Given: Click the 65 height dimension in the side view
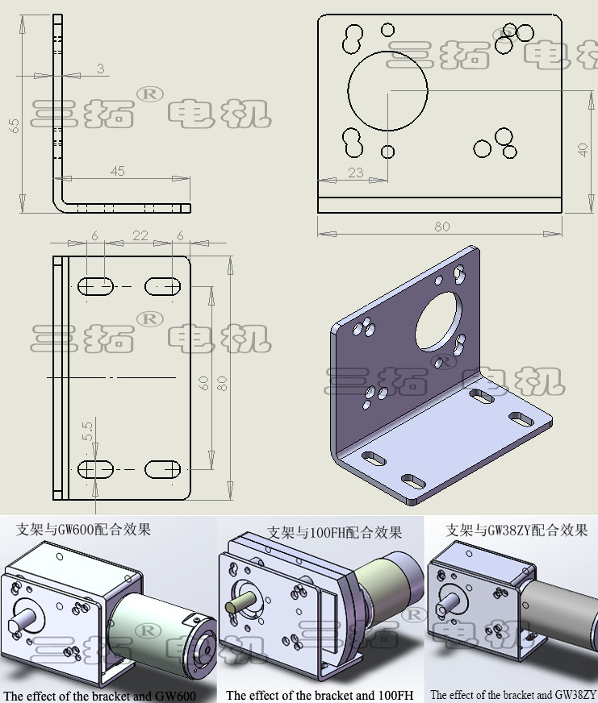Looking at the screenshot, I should tap(14, 125).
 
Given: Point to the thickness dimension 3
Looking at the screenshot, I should tap(100, 69).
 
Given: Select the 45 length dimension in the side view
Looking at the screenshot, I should tap(117, 171).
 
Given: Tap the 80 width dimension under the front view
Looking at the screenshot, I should tap(441, 227).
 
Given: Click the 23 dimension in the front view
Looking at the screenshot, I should tap(355, 173).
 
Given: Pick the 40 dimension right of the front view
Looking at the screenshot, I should tap(583, 149).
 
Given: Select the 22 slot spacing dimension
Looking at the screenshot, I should tap(140, 235).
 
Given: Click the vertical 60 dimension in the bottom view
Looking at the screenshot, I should tap(205, 382).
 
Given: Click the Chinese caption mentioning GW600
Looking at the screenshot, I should tap(83, 530).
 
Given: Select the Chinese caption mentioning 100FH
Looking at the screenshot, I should tap(334, 532).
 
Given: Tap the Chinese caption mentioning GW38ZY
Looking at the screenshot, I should tap(516, 530).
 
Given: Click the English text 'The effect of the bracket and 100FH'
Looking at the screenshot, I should tap(320, 695).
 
